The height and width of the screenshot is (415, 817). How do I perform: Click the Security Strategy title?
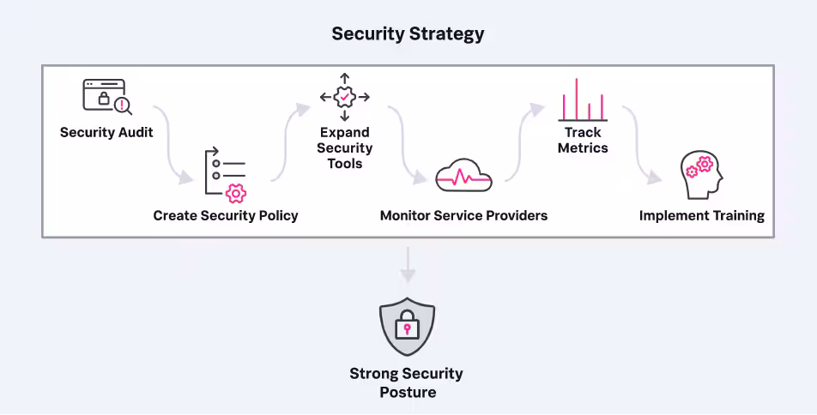pyautogui.click(x=408, y=34)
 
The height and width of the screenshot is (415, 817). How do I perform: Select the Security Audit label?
pyautogui.click(x=106, y=133)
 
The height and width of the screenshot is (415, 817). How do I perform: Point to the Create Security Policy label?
pyautogui.click(x=226, y=215)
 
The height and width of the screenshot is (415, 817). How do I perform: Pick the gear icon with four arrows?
pyautogui.click(x=344, y=97)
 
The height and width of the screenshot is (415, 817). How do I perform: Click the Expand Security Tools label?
pyautogui.click(x=344, y=147)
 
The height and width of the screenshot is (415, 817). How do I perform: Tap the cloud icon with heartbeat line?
pyautogui.click(x=463, y=176)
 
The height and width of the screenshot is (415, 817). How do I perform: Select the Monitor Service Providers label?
pyautogui.click(x=463, y=215)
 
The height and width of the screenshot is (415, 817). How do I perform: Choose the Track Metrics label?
pyautogui.click(x=583, y=140)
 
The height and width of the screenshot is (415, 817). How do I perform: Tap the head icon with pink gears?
pyautogui.click(x=701, y=175)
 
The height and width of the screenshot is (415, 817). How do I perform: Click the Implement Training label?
pyautogui.click(x=701, y=215)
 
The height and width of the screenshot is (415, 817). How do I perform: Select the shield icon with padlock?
pyautogui.click(x=408, y=326)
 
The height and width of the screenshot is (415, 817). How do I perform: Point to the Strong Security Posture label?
pyautogui.click(x=408, y=382)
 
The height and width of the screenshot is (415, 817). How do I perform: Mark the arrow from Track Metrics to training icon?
pyautogui.click(x=642, y=146)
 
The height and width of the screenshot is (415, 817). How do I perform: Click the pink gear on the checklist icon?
pyautogui.click(x=235, y=193)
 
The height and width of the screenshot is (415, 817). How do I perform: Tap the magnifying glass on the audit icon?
pyautogui.click(x=124, y=105)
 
